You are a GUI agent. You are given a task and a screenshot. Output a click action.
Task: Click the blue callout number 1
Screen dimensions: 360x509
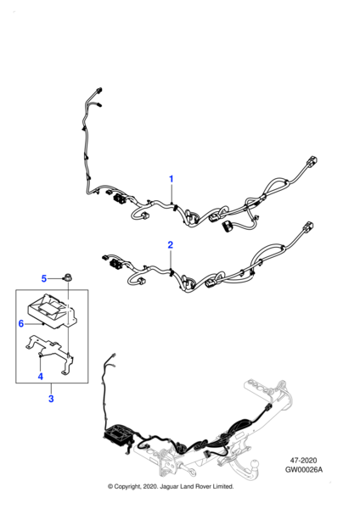172,179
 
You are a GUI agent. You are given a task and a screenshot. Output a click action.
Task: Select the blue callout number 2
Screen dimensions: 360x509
171,245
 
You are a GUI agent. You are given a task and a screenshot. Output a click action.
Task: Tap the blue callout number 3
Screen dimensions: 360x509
51,399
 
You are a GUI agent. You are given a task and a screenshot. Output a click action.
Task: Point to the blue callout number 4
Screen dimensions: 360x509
40,376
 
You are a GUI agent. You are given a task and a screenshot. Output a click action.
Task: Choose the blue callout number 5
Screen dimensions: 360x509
44,278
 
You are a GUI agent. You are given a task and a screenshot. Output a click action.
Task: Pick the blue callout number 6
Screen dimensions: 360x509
21,323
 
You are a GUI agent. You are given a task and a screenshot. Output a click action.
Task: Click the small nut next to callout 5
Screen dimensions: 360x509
67,277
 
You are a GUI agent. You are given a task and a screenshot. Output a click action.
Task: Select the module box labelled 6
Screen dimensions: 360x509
52,310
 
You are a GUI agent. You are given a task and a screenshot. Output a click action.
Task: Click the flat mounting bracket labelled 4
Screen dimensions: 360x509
50,355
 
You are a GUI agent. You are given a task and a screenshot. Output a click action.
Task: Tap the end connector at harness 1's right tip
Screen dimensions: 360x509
312,161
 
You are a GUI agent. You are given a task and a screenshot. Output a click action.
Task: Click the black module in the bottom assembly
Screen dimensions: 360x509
119,433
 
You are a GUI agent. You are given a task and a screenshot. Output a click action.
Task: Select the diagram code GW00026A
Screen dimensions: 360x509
304,469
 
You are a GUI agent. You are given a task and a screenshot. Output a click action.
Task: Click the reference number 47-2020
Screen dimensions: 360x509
303,461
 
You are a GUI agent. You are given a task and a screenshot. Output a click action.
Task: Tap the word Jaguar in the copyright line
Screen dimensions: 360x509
167,486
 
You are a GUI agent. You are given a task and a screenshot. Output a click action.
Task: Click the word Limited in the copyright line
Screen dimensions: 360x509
223,486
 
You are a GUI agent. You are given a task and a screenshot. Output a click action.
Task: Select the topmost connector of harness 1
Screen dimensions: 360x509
99,90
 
